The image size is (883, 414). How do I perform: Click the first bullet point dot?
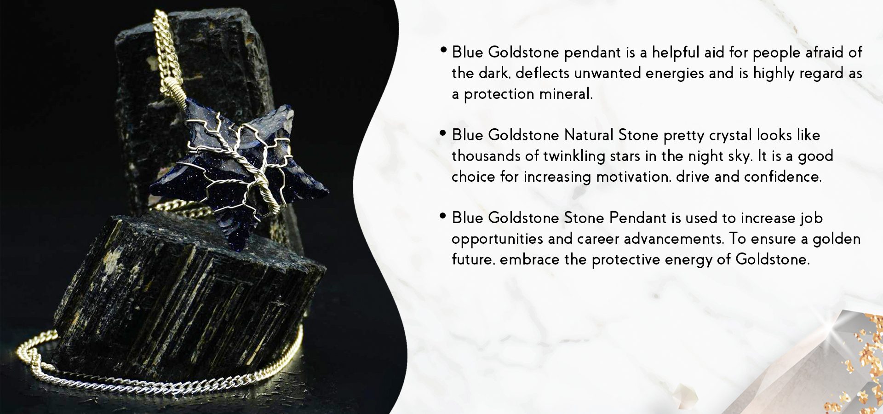(x=443, y=49)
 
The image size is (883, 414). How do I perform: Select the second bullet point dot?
(x=443, y=132)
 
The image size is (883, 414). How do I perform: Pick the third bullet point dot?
(x=443, y=215)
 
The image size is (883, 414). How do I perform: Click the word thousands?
(x=486, y=156)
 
